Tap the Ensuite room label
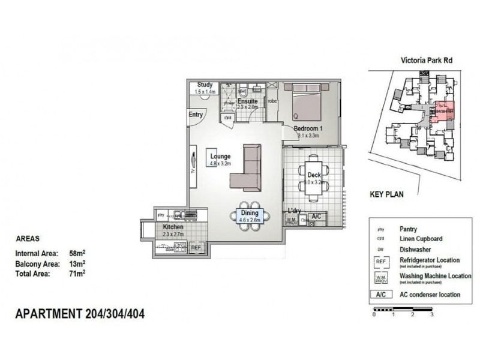pos(247,101)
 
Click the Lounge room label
pos(220,157)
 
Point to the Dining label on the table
pos(249,212)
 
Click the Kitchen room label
pos(173,228)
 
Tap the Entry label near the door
pos(196,115)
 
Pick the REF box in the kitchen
pos(196,247)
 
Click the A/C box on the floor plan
pos(317,217)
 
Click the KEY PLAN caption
pos(386,194)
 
